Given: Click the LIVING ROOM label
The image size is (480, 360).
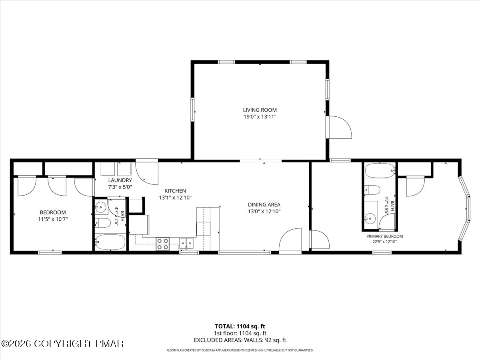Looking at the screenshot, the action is point(260,110).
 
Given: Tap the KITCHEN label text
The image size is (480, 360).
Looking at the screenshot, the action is point(175,191).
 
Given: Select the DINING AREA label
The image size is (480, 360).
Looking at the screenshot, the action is point(264,204).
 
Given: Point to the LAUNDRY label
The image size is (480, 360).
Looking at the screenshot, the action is point(120,180).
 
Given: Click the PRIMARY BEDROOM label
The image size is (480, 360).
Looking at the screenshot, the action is point(385,236).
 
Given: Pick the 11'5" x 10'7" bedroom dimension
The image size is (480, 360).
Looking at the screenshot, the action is point(53,219).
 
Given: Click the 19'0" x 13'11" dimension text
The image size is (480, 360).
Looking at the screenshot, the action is point(260,117).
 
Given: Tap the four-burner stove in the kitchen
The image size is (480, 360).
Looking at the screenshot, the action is point(162,244).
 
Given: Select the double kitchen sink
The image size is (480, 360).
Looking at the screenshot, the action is point(186,244).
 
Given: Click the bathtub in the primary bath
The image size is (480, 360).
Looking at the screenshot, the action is point(380,171).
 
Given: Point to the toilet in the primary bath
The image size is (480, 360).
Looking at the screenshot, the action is point(372,190).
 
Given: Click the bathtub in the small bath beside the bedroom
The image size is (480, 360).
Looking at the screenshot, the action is point(110,242).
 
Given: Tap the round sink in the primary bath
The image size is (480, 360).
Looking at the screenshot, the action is point(370,218).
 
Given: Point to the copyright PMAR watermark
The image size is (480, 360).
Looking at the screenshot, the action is point(62,344).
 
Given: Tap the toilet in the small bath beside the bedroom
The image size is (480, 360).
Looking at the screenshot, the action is point(103,223).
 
